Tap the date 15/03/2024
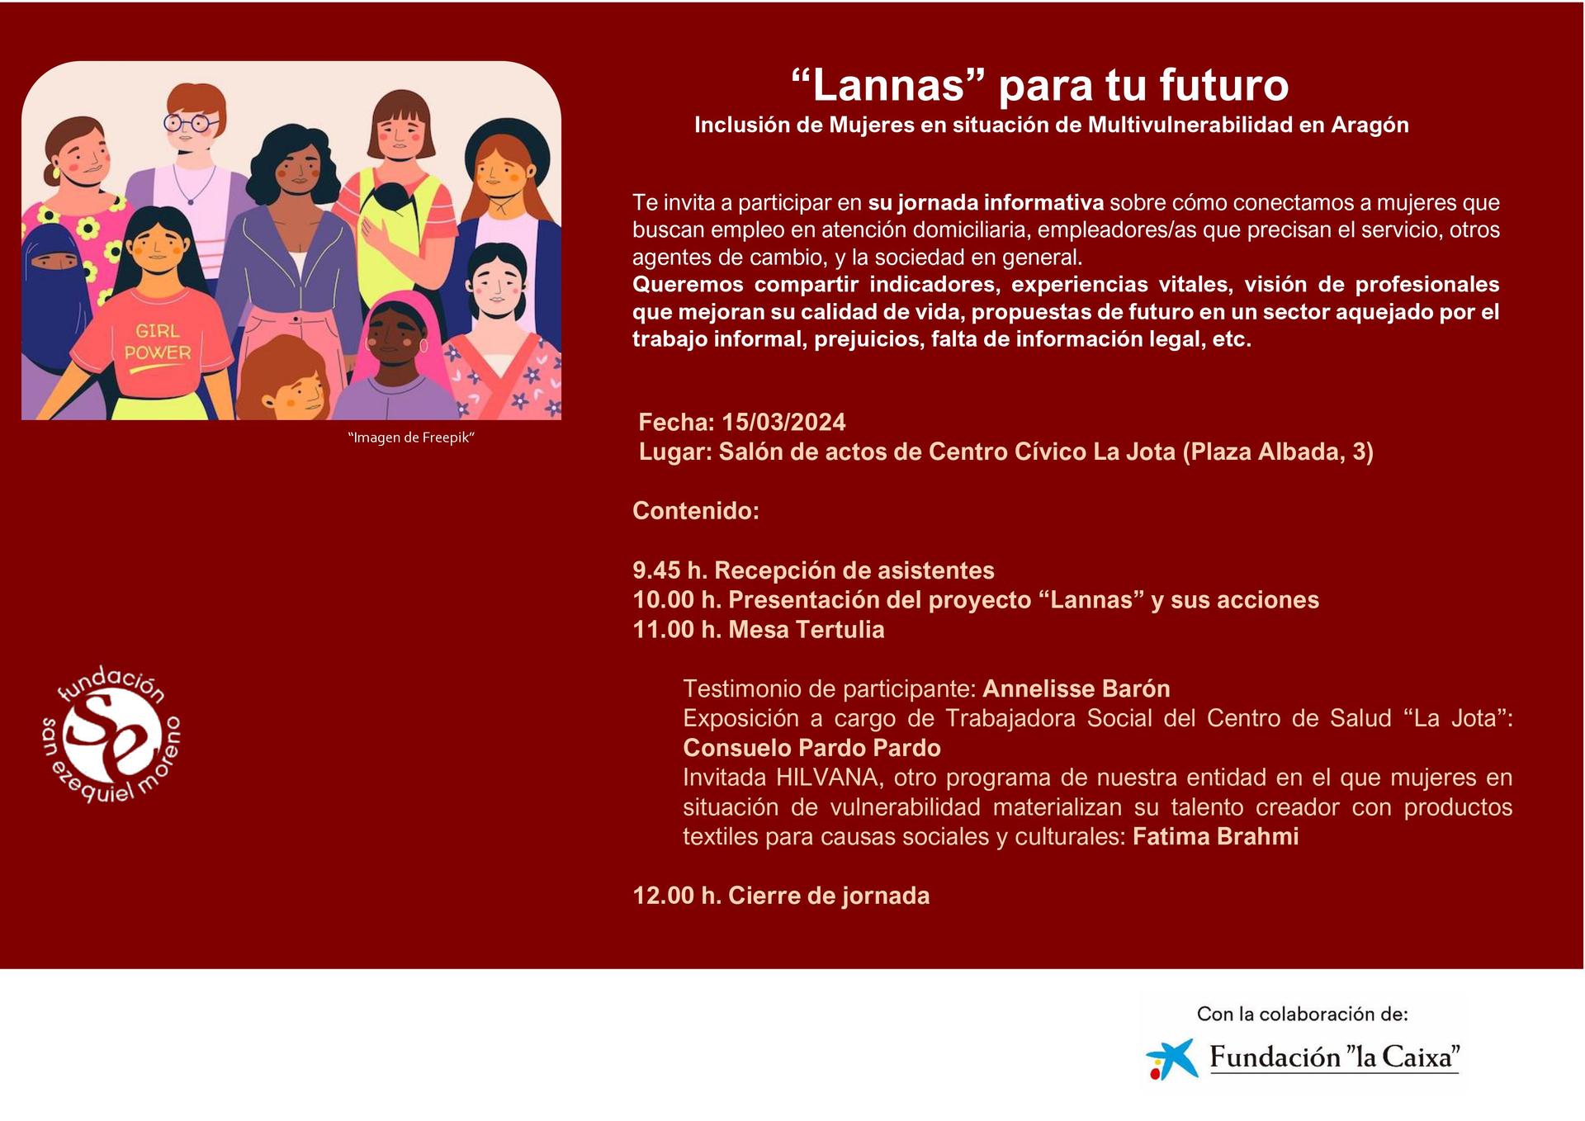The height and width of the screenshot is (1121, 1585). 783,423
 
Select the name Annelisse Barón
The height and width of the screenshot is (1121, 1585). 1076,688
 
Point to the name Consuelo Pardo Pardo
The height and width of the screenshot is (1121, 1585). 811,748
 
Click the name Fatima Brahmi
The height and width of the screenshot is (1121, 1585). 1215,836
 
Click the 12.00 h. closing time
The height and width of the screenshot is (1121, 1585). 677,896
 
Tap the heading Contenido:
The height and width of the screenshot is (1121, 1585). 696,511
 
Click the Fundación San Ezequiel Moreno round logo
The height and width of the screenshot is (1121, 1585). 111,735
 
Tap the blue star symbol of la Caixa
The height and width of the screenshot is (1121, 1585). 1171,1059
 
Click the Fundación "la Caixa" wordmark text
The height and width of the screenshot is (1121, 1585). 1334,1057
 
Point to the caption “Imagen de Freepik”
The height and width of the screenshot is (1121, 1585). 411,438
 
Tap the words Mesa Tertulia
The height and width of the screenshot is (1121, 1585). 807,630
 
